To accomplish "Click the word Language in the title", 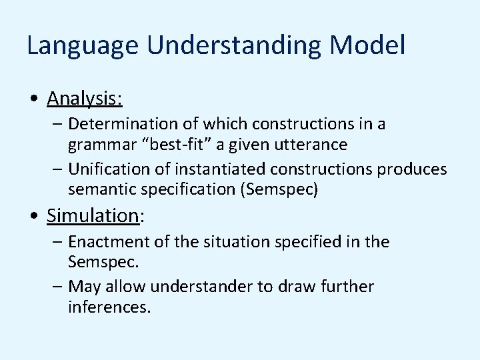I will (83, 46).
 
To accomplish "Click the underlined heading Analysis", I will (84, 99).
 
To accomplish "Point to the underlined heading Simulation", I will (92, 215).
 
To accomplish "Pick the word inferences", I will (109, 307).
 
